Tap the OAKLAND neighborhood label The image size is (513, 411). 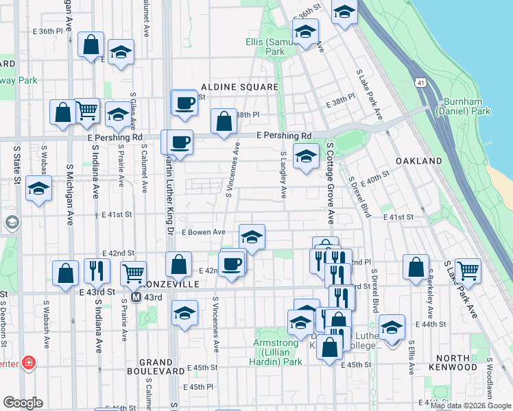pos(418,160)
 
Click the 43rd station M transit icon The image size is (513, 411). pos(136,297)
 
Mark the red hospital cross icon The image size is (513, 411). pos(29,362)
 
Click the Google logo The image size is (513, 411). pos(23,403)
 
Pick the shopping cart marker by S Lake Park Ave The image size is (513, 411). pos(468,269)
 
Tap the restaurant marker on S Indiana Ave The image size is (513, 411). pos(97,271)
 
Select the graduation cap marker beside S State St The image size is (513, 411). pos(38,188)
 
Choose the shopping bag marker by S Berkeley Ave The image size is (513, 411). pos(416,267)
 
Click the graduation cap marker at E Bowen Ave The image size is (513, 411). pos(252,237)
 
